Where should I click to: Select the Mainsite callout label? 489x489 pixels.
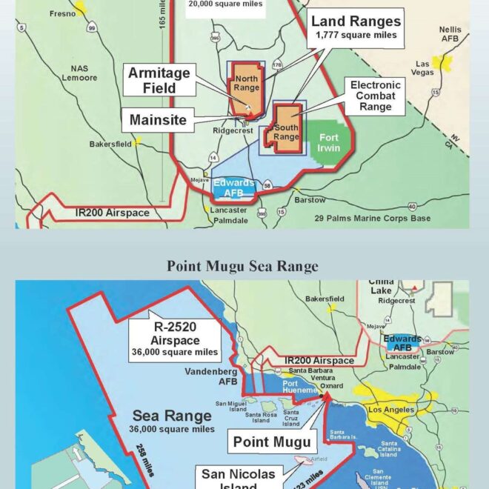tap(156, 119)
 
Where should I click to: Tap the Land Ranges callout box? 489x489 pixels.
tap(356, 27)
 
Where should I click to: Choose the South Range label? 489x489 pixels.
tap(286, 131)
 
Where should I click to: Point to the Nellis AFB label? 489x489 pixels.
tap(450, 33)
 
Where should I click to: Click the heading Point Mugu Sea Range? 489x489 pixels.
tap(242, 266)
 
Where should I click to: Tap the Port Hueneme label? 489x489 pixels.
tap(299, 387)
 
